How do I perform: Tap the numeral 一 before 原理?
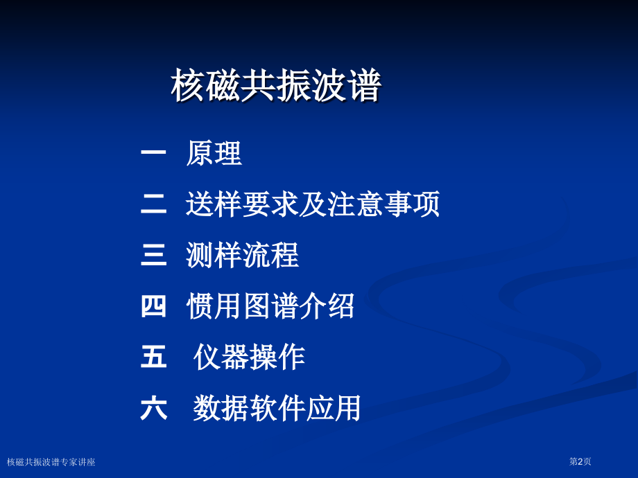point(154,154)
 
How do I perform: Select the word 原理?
point(214,154)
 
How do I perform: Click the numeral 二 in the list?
point(154,205)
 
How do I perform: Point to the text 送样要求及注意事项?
point(313,205)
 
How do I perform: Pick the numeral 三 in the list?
point(154,256)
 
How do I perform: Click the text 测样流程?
point(242,256)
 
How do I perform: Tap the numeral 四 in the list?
point(154,306)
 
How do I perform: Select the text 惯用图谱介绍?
point(270,306)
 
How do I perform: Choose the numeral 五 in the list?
point(154,357)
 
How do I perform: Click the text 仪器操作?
point(250,357)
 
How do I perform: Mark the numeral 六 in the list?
point(154,409)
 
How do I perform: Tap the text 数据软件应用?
point(277,409)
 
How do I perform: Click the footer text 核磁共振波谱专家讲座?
point(51,461)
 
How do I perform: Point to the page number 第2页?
point(580,461)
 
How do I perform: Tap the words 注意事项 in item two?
point(383,205)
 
